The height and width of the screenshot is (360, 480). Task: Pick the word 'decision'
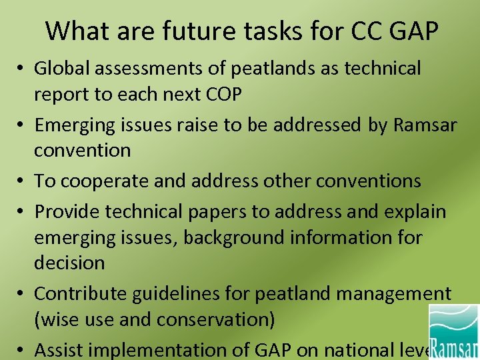pyautogui.click(x=69, y=263)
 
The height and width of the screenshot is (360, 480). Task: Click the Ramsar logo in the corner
pyautogui.click(x=453, y=331)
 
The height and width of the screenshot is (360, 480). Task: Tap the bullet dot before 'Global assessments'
pyautogui.click(x=22, y=69)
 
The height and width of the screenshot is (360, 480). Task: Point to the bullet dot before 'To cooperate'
pyautogui.click(x=22, y=181)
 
